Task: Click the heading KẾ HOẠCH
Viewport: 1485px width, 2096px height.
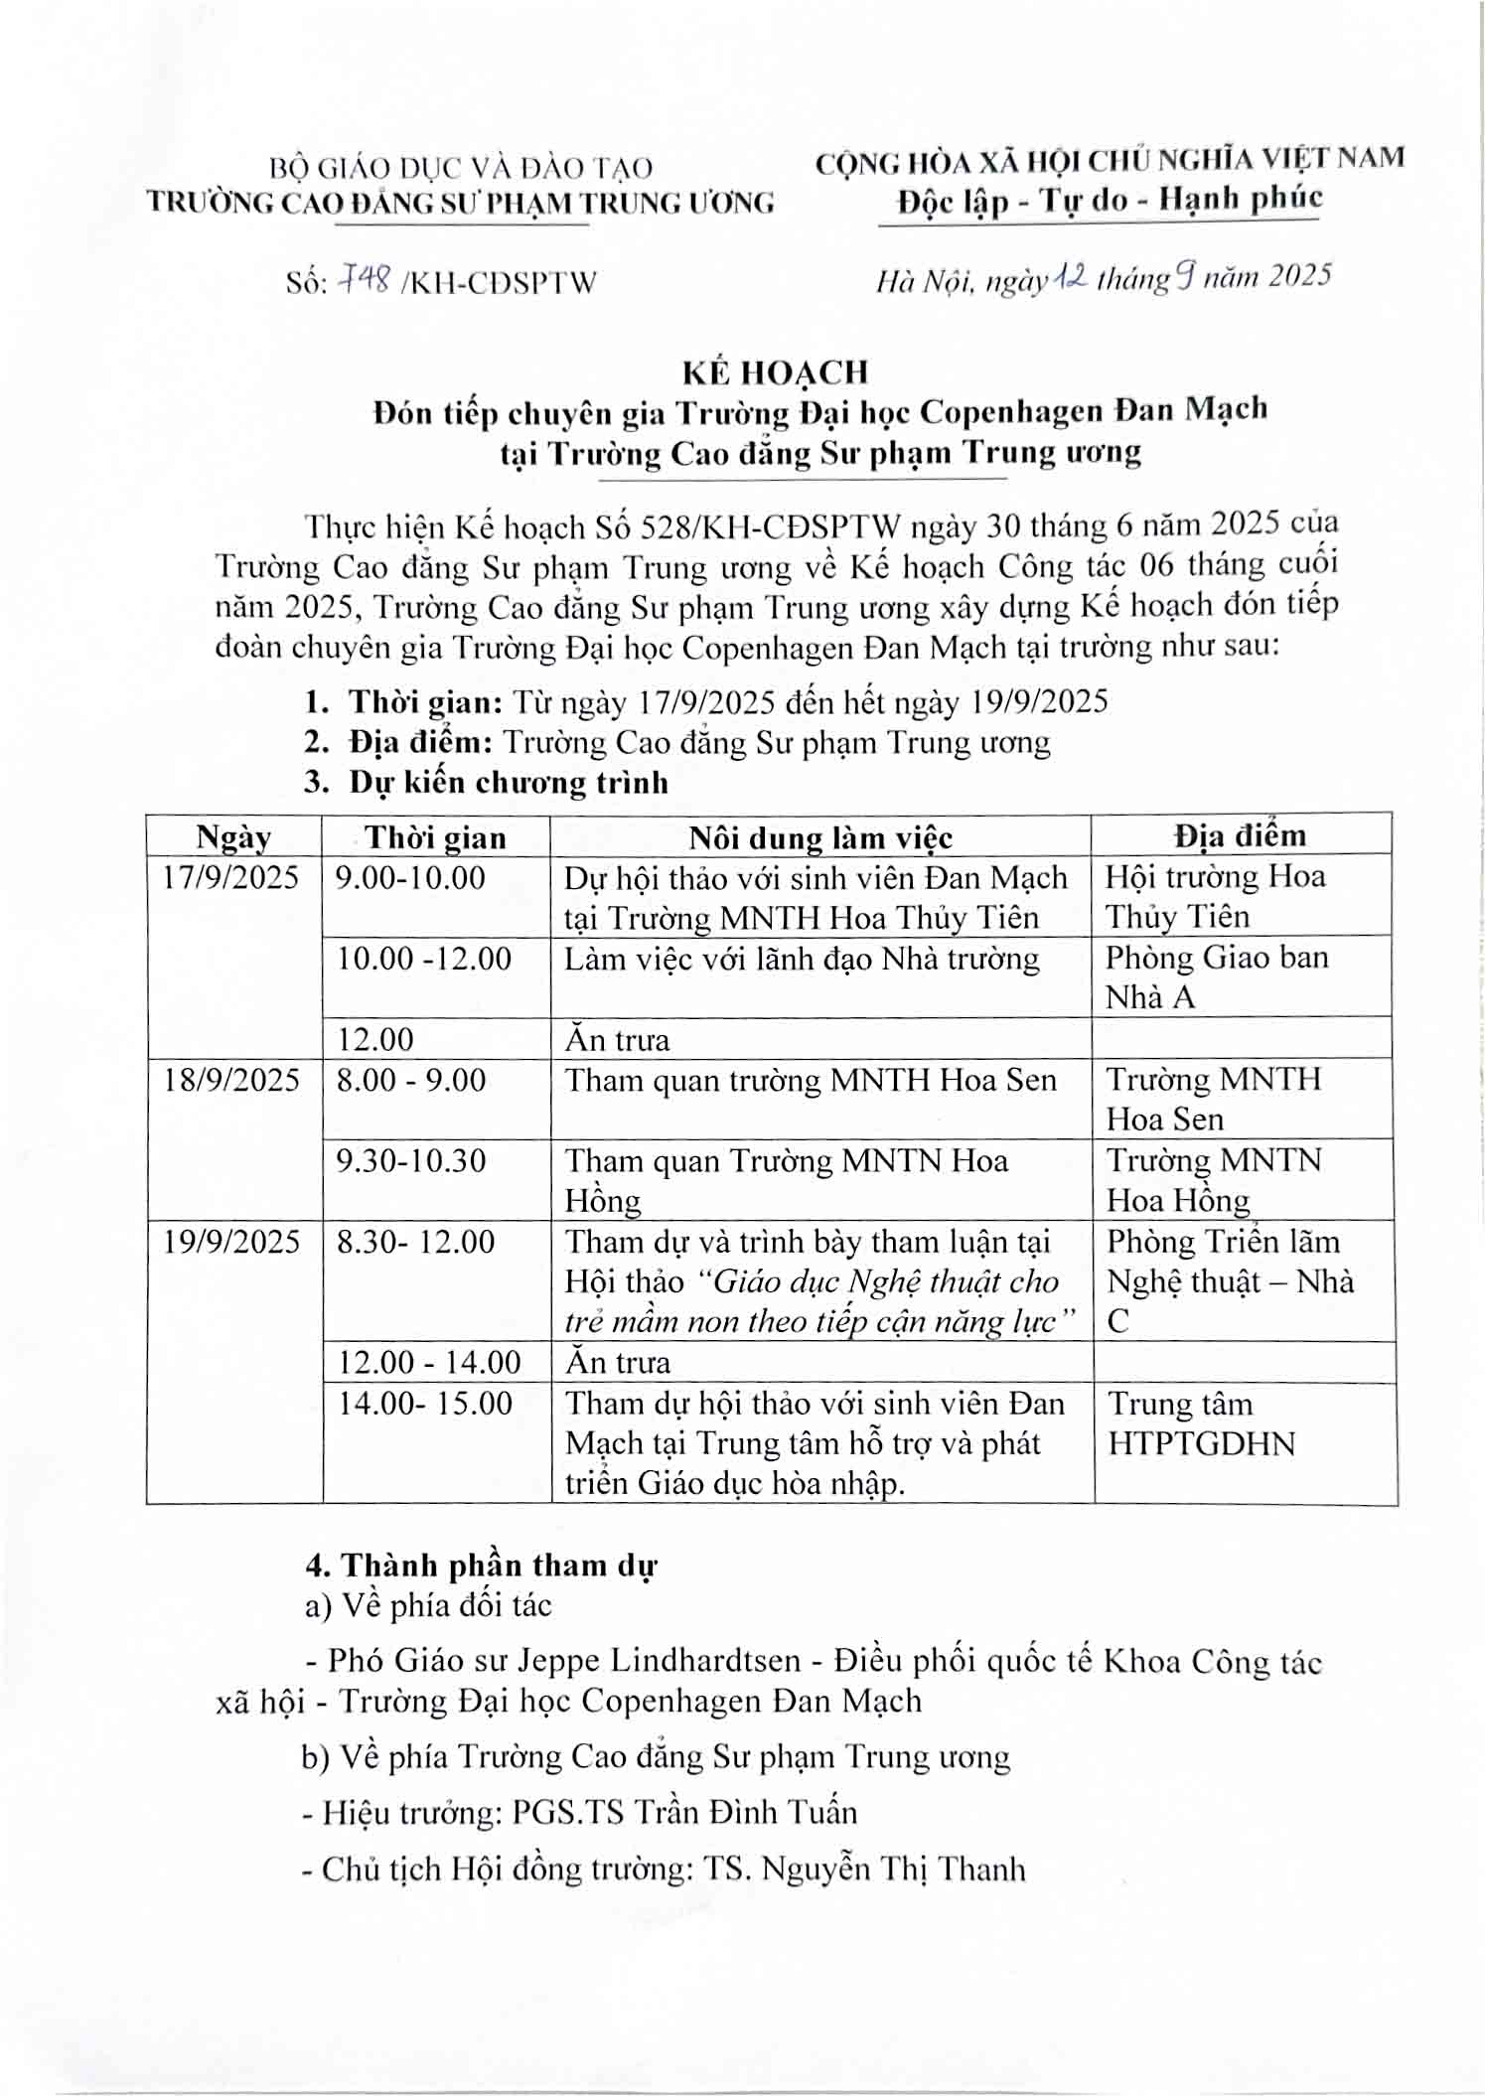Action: click(775, 373)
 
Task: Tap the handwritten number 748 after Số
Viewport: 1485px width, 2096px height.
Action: click(364, 281)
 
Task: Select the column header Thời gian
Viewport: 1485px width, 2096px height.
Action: click(435, 837)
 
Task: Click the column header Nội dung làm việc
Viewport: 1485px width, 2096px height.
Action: click(820, 837)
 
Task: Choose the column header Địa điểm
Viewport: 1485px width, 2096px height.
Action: click(1240, 835)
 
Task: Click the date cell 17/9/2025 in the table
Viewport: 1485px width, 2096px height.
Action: click(231, 877)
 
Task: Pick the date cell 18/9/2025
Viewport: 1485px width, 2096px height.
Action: click(231, 1081)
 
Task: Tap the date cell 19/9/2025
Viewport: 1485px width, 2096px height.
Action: click(231, 1242)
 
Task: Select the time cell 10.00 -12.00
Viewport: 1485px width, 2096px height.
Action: click(424, 959)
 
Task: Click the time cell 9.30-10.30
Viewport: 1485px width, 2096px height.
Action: click(411, 1161)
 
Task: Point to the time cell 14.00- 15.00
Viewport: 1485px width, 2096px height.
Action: click(425, 1404)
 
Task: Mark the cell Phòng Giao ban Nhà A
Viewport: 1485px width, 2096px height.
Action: click(1217, 977)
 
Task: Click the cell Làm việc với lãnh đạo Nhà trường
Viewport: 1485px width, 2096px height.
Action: click(802, 960)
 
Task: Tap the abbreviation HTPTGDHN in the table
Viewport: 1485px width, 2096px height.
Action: click(1202, 1444)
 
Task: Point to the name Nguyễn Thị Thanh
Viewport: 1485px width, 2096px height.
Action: click(893, 1870)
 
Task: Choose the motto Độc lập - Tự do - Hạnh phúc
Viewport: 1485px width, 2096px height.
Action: click(1110, 201)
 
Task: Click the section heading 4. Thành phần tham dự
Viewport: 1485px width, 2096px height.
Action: click(481, 1567)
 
